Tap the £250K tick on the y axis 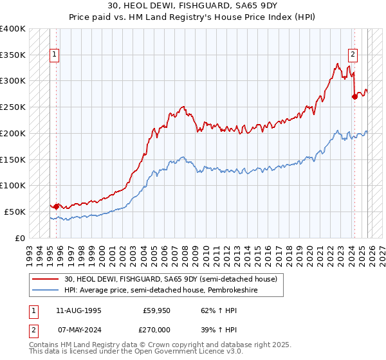(13, 107)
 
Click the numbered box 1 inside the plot (55, 55)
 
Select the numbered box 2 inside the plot (353, 55)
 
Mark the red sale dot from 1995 (57, 206)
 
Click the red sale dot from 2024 (354, 97)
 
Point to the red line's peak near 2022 (337, 64)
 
